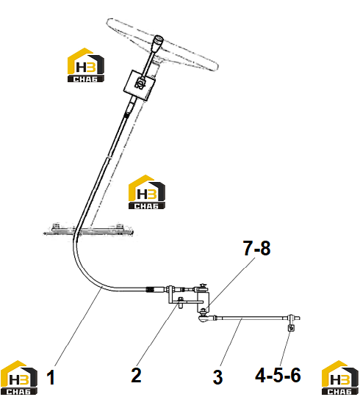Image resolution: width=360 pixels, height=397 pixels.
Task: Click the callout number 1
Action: [x=51, y=377]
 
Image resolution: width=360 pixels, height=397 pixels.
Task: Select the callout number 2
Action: [x=136, y=375]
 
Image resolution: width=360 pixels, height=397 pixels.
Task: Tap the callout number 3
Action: [x=217, y=377]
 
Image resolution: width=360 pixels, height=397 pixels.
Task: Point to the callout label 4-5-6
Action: [x=278, y=375]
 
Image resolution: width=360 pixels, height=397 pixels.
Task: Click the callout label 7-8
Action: [x=257, y=248]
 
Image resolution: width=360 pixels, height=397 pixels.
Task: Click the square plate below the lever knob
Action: [x=140, y=86]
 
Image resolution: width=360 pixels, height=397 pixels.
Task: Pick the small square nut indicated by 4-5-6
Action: [x=291, y=328]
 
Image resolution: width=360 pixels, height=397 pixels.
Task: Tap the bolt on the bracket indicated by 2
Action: [x=181, y=302]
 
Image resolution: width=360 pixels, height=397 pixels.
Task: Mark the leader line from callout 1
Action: [x=78, y=327]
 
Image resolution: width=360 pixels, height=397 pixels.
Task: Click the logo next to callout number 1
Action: [x=19, y=377]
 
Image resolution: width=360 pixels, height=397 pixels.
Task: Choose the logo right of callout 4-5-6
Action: [x=340, y=377]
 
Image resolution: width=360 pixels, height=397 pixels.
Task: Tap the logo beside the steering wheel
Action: [x=86, y=65]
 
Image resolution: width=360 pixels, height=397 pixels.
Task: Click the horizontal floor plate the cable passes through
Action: [x=88, y=231]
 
